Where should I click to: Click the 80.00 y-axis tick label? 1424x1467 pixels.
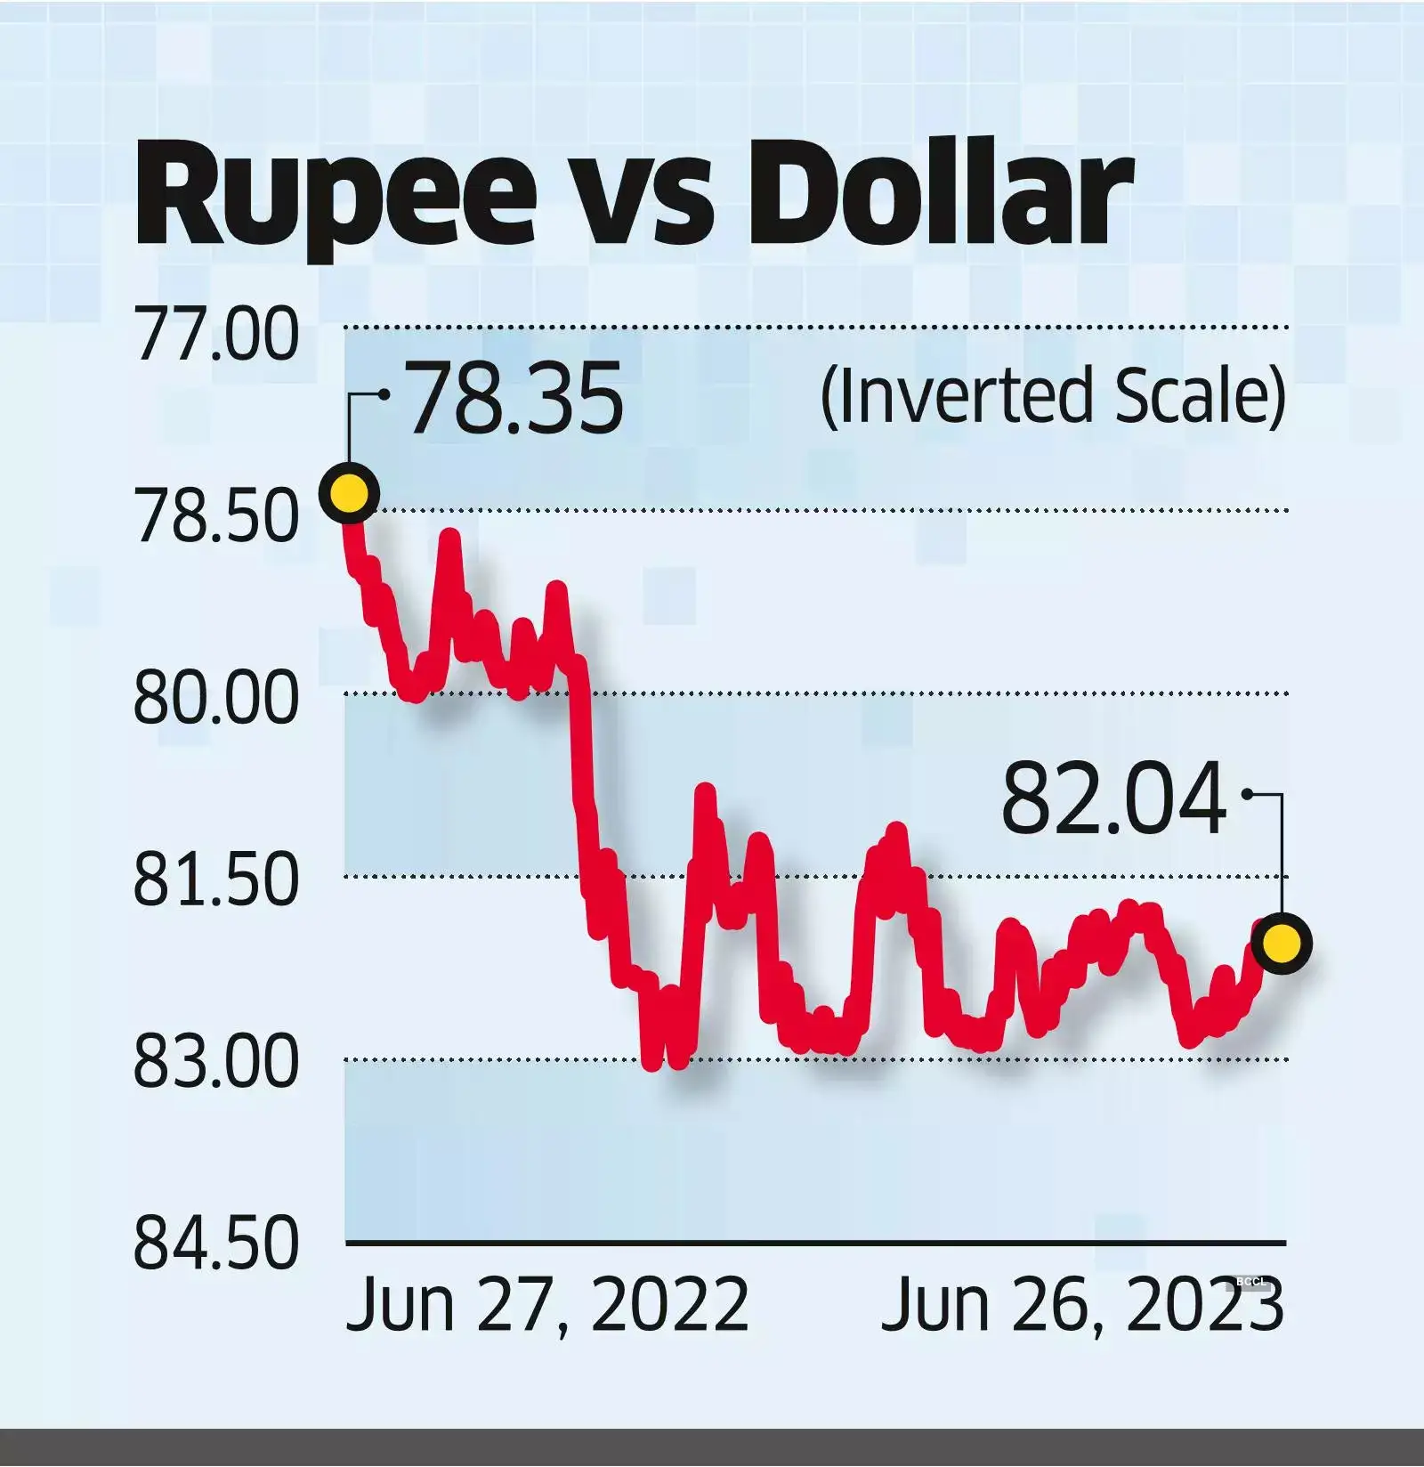click(x=216, y=699)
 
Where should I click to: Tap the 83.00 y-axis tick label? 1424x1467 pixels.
click(x=216, y=1063)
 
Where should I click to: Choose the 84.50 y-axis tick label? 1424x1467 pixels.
click(x=216, y=1244)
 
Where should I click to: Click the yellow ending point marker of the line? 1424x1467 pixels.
click(x=1282, y=943)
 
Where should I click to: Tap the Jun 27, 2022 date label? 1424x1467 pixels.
click(x=546, y=1305)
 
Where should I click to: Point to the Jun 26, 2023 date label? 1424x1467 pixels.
click(x=1081, y=1305)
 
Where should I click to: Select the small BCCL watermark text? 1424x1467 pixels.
click(x=1250, y=1282)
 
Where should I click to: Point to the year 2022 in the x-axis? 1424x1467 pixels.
click(x=669, y=1305)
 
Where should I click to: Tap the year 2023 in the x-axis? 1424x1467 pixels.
click(x=1204, y=1305)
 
